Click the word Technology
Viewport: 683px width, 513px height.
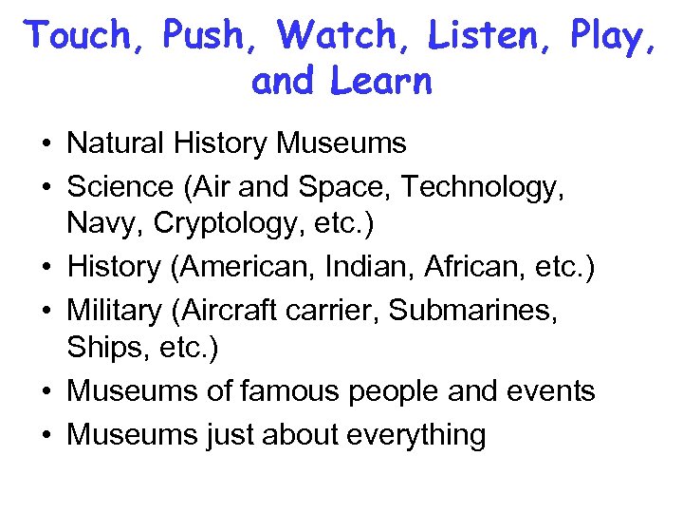coord(483,186)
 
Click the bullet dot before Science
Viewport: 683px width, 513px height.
coord(46,187)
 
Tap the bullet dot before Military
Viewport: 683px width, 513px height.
coord(46,311)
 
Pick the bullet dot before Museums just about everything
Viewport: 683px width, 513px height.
coord(46,435)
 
